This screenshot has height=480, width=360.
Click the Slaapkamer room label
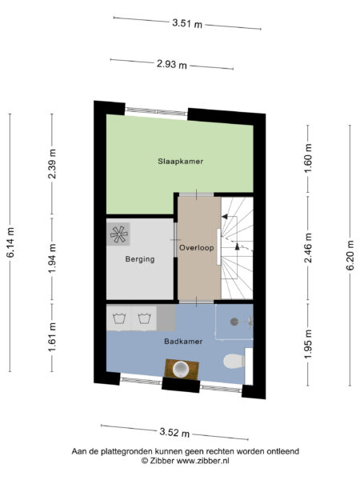[x=180, y=161]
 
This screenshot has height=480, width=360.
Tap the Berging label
[x=139, y=259]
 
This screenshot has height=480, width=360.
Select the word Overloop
[x=198, y=248]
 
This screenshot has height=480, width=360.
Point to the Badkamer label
[x=182, y=342]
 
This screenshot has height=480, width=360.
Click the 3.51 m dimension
[x=187, y=22]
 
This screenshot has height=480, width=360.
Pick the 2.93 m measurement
[x=171, y=64]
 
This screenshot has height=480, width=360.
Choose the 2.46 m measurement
[x=308, y=253]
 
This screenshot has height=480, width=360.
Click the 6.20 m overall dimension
[x=350, y=255]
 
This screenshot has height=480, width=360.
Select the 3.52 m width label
[x=174, y=432]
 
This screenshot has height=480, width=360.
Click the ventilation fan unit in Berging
[x=120, y=234]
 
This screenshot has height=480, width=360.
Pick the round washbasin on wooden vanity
[x=182, y=369]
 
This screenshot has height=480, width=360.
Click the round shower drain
[x=234, y=321]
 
